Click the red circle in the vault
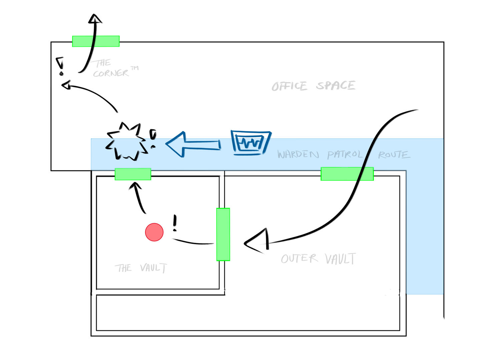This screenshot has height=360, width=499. pyautogui.click(x=154, y=232)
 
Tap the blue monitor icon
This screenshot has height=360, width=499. pyautogui.click(x=251, y=143)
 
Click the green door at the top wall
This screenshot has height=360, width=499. pyautogui.click(x=96, y=41)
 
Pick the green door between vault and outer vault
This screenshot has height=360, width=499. pyautogui.click(x=223, y=234)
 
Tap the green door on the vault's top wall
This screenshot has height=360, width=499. pyautogui.click(x=133, y=174)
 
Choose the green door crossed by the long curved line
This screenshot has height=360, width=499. pyautogui.click(x=347, y=174)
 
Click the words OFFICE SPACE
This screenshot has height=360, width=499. pyautogui.click(x=313, y=86)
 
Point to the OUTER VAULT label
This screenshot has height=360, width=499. pyautogui.click(x=318, y=259)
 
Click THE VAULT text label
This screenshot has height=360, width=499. pyautogui.click(x=140, y=268)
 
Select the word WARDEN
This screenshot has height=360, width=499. pyautogui.click(x=298, y=154)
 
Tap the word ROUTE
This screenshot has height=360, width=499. pyautogui.click(x=394, y=155)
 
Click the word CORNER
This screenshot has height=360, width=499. pyautogui.click(x=111, y=73)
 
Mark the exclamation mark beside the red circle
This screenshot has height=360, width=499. pyautogui.click(x=175, y=223)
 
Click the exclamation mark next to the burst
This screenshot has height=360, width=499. pyautogui.click(x=153, y=139)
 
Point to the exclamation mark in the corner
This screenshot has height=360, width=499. pyautogui.click(x=60, y=66)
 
